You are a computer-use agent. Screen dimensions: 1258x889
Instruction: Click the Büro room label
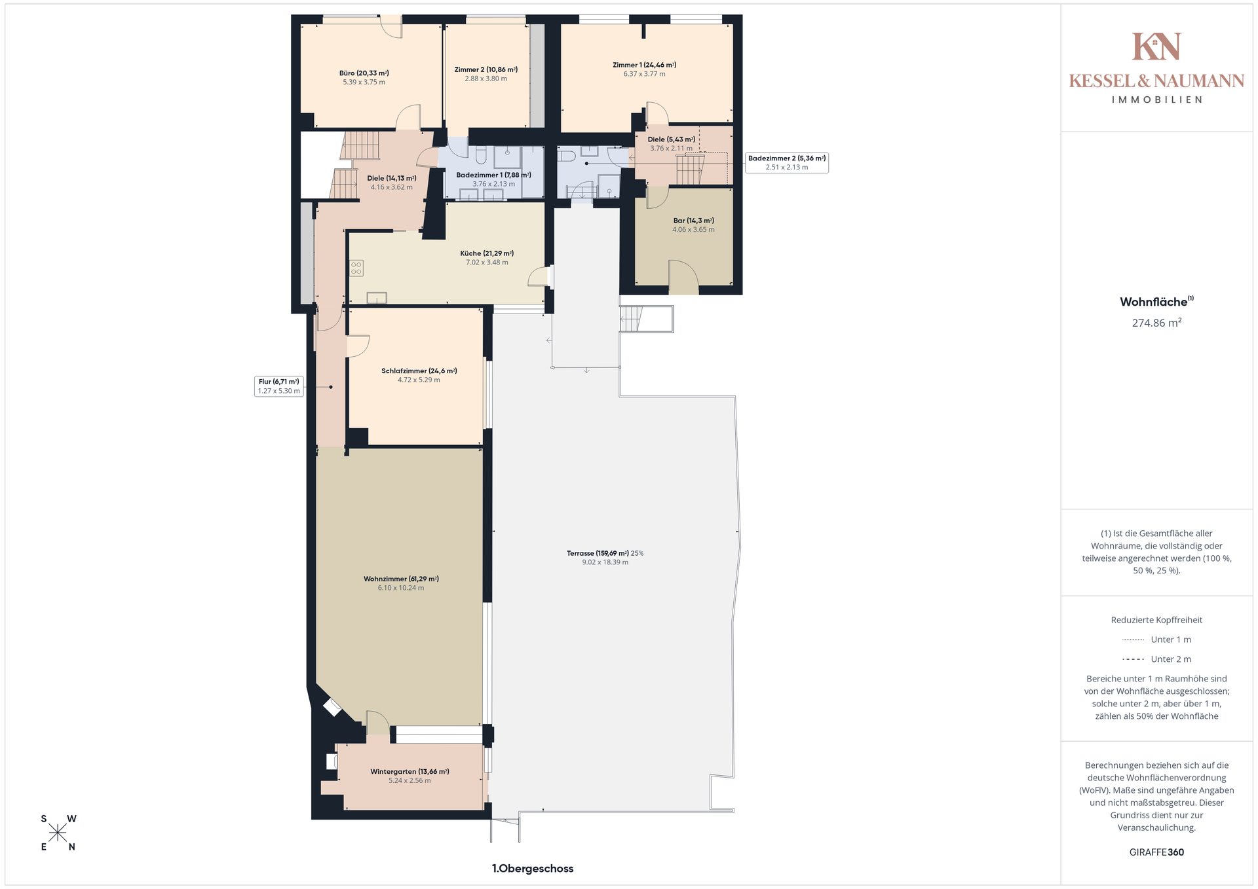[364, 73]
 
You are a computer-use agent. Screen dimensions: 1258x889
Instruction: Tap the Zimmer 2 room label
[486, 69]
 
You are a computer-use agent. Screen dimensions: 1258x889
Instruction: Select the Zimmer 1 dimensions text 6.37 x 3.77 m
[644, 74]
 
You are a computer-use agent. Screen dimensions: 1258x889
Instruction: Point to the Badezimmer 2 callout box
[786, 163]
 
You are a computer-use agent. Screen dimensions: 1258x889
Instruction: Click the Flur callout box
[278, 386]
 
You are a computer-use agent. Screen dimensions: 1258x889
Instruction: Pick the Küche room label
[487, 253]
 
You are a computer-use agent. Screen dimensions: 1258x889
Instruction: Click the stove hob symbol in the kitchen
[356, 268]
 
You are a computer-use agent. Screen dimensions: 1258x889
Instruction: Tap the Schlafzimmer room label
[419, 371]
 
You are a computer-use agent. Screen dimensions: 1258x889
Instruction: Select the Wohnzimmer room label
[401, 579]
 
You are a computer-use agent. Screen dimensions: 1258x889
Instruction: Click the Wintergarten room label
[410, 771]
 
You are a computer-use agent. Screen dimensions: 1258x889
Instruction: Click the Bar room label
[693, 221]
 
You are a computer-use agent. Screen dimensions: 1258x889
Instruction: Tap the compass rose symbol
[58, 833]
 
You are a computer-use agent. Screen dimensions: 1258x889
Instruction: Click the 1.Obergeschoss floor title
[533, 869]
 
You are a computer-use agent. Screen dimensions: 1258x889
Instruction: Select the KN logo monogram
[1156, 46]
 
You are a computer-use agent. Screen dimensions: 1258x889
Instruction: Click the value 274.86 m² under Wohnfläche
[1156, 323]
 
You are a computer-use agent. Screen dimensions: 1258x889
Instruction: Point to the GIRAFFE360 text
[1156, 852]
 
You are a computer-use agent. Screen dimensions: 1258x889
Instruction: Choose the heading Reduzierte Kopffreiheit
[1156, 620]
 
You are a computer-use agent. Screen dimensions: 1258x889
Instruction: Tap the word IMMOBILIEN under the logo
[1156, 100]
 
